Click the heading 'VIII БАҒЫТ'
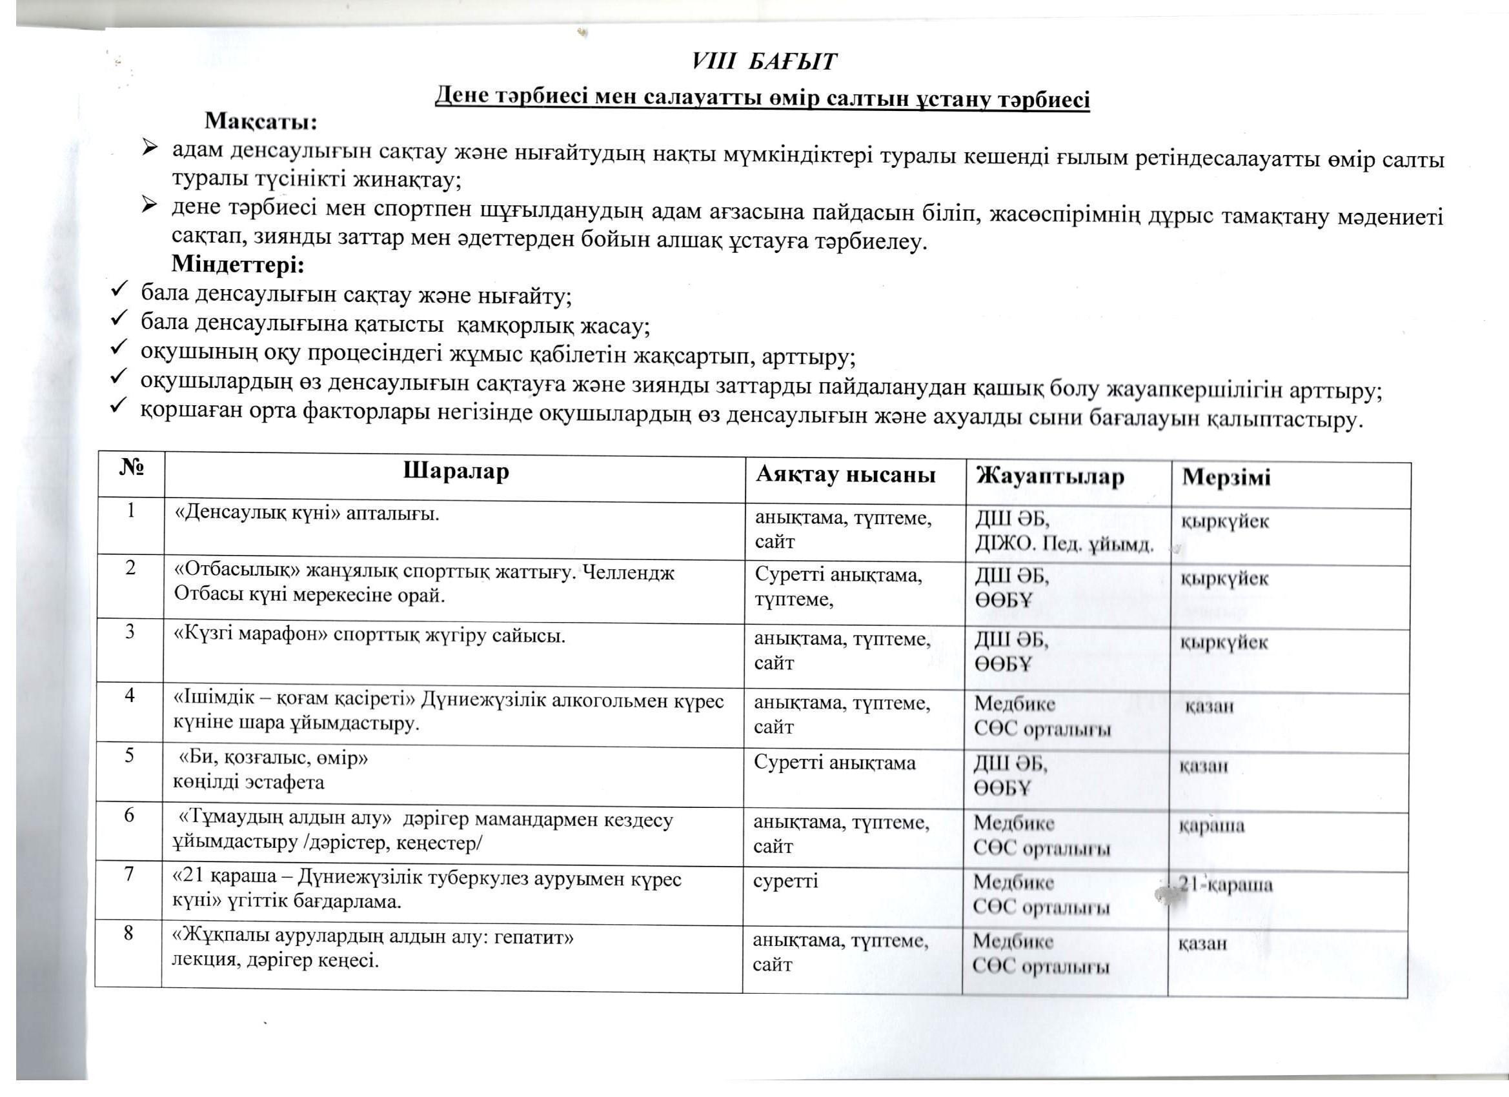tap(763, 62)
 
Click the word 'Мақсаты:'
tap(261, 122)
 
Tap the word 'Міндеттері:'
tap(238, 265)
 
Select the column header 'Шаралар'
tap(456, 471)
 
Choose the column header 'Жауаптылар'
tap(1050, 476)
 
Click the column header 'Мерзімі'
tap(1226, 478)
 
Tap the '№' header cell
tap(132, 468)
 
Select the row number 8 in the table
tap(128, 933)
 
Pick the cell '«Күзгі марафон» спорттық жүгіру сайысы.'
tap(369, 636)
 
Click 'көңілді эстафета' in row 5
tap(249, 781)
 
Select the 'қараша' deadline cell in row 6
tap(1211, 826)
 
